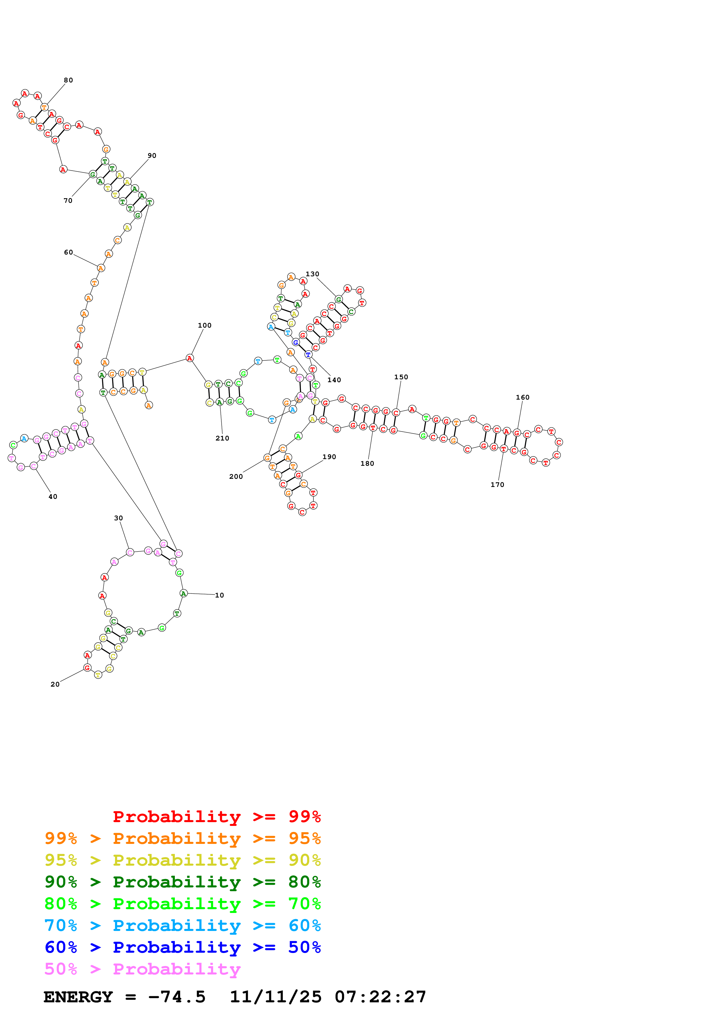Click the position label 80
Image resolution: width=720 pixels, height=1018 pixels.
(68, 80)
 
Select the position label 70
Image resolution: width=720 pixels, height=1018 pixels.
(68, 201)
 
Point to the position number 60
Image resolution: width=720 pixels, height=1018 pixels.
(68, 252)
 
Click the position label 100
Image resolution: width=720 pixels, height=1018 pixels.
(204, 325)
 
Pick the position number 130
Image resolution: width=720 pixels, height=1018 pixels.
(312, 274)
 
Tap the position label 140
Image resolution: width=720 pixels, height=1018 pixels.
(334, 380)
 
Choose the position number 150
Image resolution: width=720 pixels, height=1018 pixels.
(401, 377)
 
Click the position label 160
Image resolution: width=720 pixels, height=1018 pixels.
(523, 397)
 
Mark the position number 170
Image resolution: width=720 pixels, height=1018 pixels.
(497, 485)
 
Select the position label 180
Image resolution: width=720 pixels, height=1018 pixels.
(367, 463)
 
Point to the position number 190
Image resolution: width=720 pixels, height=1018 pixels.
(329, 457)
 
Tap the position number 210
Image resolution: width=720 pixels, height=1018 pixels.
(222, 438)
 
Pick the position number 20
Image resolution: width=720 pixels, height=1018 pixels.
(55, 684)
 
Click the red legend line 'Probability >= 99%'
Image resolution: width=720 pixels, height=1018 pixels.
(216, 816)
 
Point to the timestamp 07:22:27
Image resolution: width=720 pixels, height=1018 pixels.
(380, 997)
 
